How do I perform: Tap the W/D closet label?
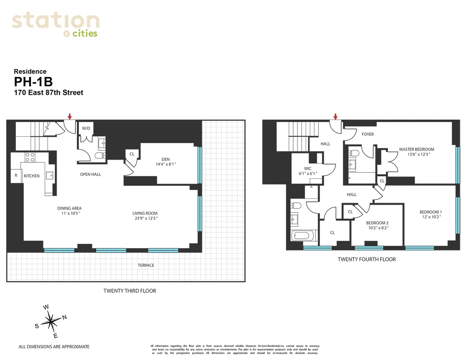85,128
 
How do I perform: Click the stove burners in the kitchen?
30,157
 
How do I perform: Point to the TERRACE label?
146,265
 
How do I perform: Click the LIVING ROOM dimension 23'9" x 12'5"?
145,218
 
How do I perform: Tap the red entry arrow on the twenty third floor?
70,116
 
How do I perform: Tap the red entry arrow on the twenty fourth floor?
336,116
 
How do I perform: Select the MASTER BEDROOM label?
417,149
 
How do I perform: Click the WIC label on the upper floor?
308,169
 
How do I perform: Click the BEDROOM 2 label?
377,223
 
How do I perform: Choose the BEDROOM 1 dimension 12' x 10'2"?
431,217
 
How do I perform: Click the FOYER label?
367,134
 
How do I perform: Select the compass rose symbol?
51,321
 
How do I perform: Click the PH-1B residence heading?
33,82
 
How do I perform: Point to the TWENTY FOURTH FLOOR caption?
367,259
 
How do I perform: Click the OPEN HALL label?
90,174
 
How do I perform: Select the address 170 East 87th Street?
49,93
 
